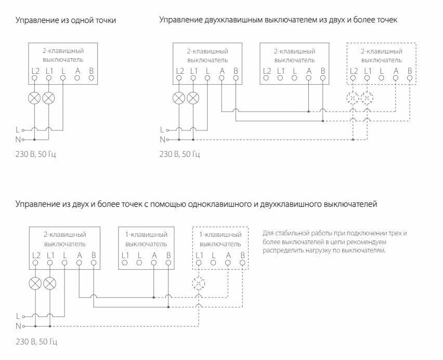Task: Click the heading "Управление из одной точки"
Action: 66,21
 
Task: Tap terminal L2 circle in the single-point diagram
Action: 34,78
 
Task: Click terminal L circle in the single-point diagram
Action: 63,78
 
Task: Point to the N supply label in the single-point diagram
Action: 18,139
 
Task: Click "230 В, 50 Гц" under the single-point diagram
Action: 35,154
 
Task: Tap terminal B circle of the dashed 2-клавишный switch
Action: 410,78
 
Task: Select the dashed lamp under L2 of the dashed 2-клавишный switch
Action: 354,98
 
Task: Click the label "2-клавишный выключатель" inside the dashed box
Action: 381,56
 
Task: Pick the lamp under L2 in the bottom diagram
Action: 36,283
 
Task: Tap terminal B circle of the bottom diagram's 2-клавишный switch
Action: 93,263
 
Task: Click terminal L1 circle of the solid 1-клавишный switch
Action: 125,263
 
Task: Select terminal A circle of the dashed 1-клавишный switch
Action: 228,263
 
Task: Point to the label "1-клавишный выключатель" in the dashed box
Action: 220,239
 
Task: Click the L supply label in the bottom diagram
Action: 18,315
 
